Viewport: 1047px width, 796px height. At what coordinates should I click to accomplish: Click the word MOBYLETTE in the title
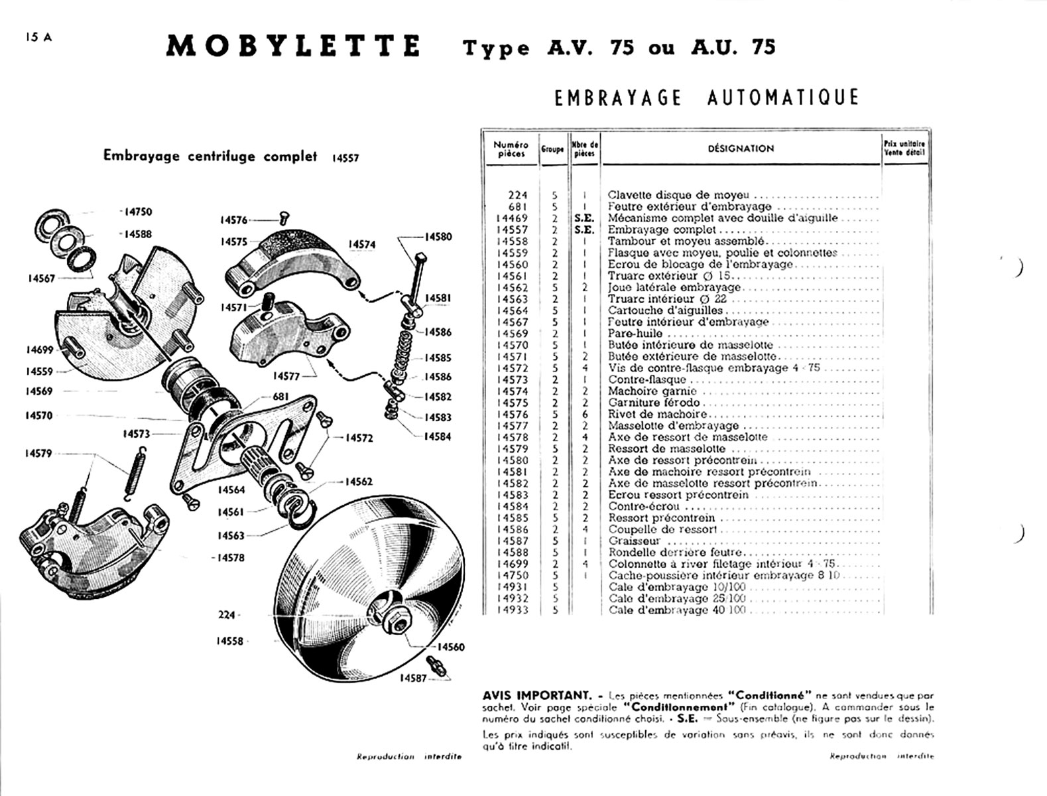(293, 46)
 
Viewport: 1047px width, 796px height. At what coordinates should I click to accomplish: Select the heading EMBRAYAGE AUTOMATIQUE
(706, 98)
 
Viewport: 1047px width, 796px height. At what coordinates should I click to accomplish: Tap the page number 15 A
(38, 38)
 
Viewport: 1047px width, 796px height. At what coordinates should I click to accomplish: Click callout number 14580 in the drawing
(438, 237)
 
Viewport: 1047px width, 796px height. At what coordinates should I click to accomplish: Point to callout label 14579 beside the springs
(38, 454)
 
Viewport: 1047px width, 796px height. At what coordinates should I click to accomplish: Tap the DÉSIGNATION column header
(741, 149)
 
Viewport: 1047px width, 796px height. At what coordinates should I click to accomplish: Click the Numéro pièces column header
(511, 149)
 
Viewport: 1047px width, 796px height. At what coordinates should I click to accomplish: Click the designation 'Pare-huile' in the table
(635, 334)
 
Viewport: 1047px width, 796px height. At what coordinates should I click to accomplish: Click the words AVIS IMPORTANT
(536, 695)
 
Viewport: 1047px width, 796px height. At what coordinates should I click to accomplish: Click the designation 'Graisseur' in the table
(634, 541)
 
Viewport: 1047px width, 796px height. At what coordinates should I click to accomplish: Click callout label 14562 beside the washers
(359, 482)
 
